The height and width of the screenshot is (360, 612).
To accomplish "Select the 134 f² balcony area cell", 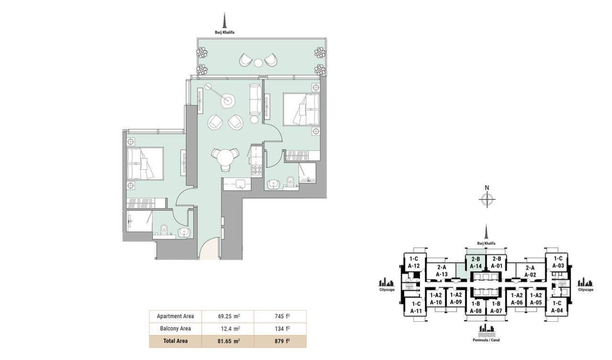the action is (280, 328).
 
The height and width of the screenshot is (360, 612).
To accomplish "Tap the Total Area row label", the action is (175, 341).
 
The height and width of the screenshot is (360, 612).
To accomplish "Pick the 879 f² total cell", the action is (280, 341).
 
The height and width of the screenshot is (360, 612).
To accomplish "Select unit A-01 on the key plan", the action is (497, 262).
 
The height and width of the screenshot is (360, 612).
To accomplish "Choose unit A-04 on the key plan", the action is (557, 307).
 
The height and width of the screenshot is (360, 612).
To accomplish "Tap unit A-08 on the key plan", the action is (476, 307).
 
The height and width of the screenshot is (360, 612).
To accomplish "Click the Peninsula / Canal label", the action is (486, 340).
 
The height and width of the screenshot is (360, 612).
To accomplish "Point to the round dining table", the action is (225, 158).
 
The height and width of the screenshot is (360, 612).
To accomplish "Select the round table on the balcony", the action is (258, 63).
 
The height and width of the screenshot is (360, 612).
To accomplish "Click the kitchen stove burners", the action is (257, 170).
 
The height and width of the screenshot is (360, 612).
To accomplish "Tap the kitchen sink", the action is (240, 183).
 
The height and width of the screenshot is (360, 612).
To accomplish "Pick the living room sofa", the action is (255, 99).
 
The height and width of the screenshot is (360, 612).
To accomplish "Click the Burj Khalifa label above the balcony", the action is (225, 32).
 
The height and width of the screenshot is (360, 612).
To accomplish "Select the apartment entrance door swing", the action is (209, 249).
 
